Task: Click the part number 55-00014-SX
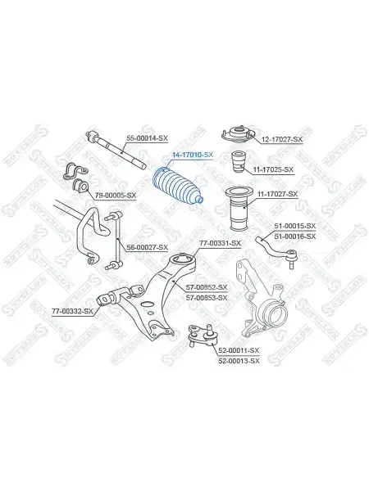[x=147, y=137]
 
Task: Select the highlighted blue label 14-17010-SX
[x=193, y=155]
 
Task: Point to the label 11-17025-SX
[x=273, y=169]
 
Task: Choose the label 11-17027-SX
[x=277, y=194]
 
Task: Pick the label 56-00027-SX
[x=147, y=247]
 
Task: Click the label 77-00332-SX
[x=72, y=311]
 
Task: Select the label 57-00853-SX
[x=207, y=298]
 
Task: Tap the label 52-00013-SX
[x=239, y=361]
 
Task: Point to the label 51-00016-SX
[x=295, y=236]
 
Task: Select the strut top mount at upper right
[x=239, y=135]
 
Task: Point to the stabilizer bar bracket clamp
[x=76, y=172]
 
